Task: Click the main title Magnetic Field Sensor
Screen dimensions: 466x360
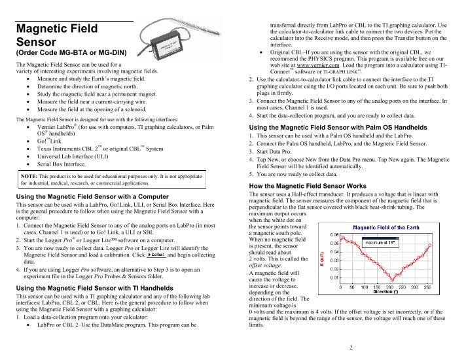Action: [x=57, y=35]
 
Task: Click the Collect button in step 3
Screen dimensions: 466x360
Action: [x=156, y=255]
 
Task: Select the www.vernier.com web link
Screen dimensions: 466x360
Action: [x=317, y=65]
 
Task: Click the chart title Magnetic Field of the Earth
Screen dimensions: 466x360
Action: [x=386, y=228]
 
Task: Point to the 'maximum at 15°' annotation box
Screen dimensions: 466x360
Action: [x=380, y=243]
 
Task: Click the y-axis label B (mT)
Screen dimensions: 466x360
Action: [x=322, y=259]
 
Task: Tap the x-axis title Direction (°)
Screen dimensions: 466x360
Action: [x=385, y=292]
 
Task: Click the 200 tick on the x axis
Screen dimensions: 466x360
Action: [x=389, y=287]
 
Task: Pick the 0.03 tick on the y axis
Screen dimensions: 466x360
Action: [x=334, y=261]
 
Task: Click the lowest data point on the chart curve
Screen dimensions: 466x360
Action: [x=392, y=279]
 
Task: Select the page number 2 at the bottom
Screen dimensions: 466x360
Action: [x=351, y=348]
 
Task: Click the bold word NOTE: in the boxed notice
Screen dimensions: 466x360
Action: [x=29, y=176]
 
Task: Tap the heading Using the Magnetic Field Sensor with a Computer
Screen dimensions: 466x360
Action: [x=92, y=197]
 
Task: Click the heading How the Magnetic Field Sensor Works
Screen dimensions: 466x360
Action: [x=308, y=186]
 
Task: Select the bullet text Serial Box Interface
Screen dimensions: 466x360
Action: [x=61, y=164]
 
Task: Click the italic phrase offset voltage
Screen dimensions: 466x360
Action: [x=265, y=266]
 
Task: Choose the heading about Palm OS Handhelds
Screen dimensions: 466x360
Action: [x=338, y=128]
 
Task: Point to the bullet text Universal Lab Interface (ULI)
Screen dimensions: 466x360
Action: [x=73, y=156]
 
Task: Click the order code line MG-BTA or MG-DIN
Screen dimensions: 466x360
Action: [x=71, y=53]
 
